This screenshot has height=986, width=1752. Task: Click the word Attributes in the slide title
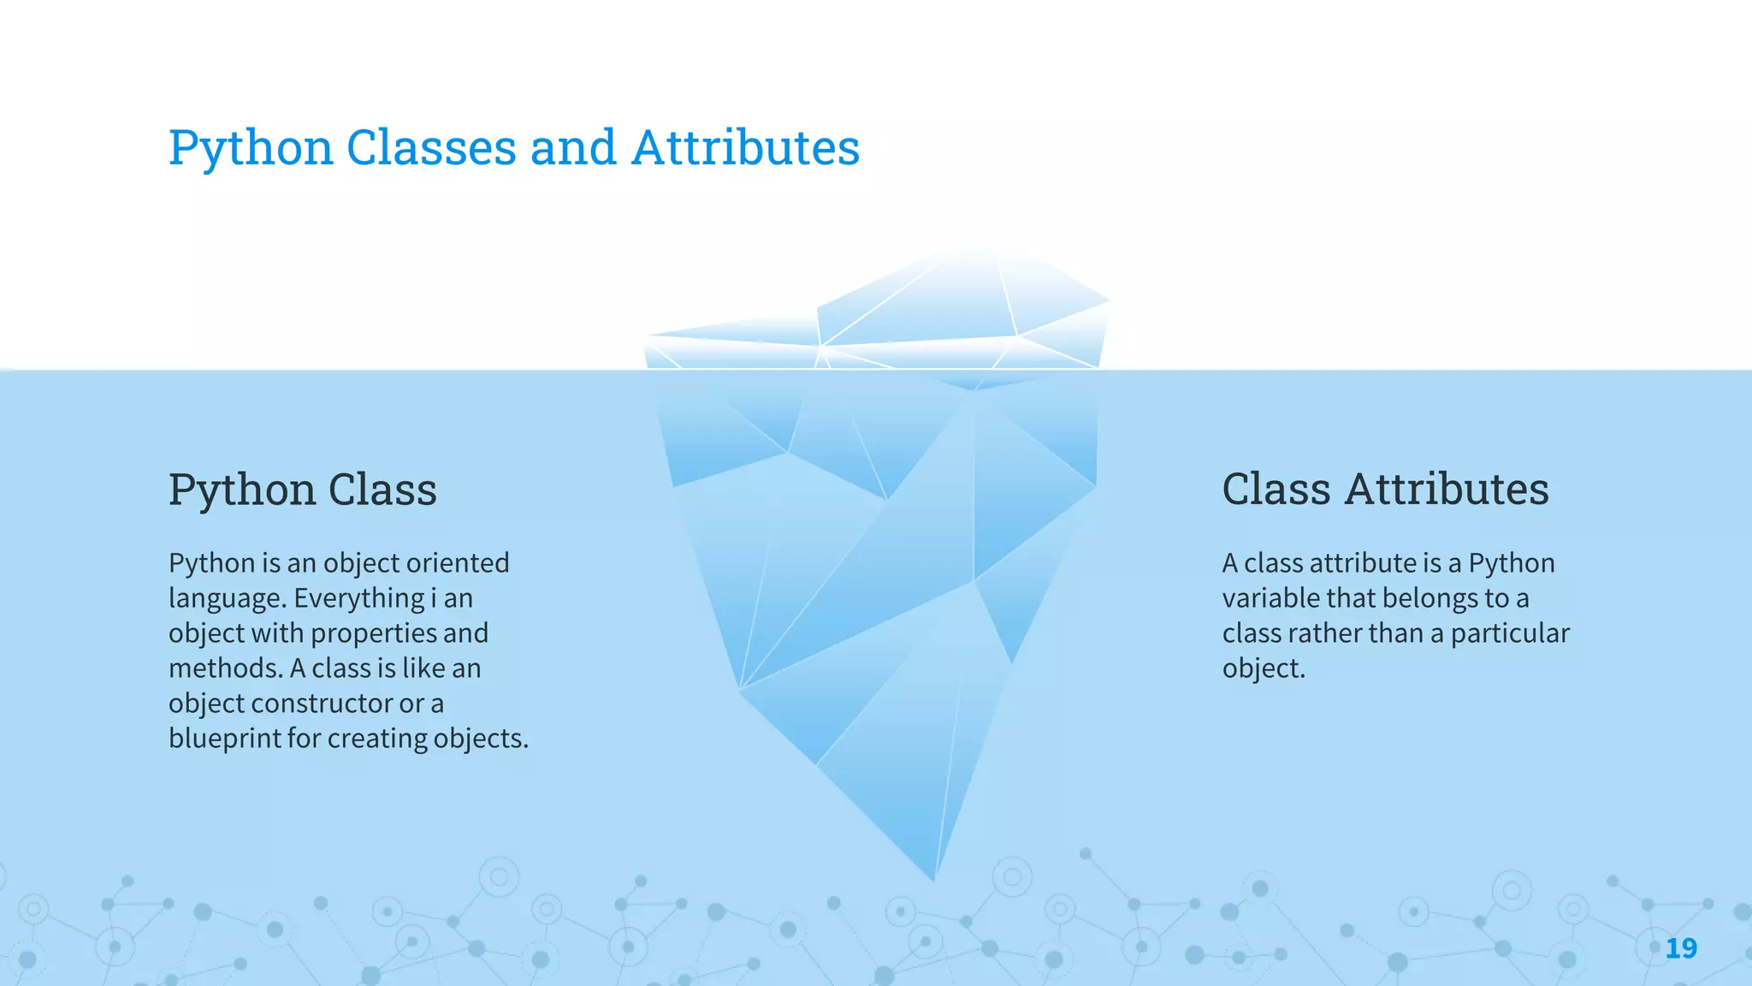click(x=745, y=147)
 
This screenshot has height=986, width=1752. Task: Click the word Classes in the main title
click(x=431, y=147)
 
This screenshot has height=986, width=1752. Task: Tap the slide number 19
click(x=1681, y=948)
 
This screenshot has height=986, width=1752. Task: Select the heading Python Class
click(x=303, y=490)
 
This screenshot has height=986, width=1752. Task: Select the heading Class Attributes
click(x=1385, y=490)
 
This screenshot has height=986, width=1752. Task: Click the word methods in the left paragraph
click(x=224, y=668)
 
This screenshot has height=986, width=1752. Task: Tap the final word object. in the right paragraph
click(x=1264, y=668)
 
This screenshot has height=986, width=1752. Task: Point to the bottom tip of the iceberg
click(x=933, y=877)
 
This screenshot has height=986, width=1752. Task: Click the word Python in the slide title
click(x=251, y=147)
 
